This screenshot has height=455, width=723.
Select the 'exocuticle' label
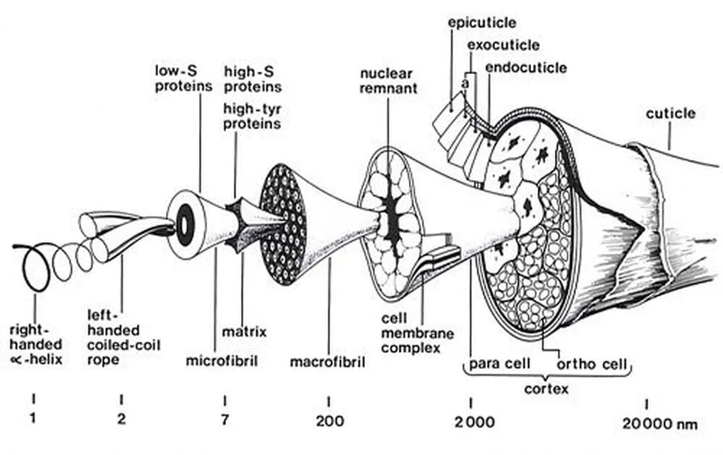click(503, 45)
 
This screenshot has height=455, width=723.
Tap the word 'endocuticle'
click(526, 68)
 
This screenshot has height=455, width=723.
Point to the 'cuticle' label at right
click(670, 113)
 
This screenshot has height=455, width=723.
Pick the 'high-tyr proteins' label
click(251, 116)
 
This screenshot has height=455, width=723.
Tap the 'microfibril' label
click(221, 361)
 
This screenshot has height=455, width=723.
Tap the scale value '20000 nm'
click(660, 423)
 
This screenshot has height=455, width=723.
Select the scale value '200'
click(330, 422)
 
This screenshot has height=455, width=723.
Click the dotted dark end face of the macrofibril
click(283, 224)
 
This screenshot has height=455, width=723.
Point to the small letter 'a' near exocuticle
click(465, 83)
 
